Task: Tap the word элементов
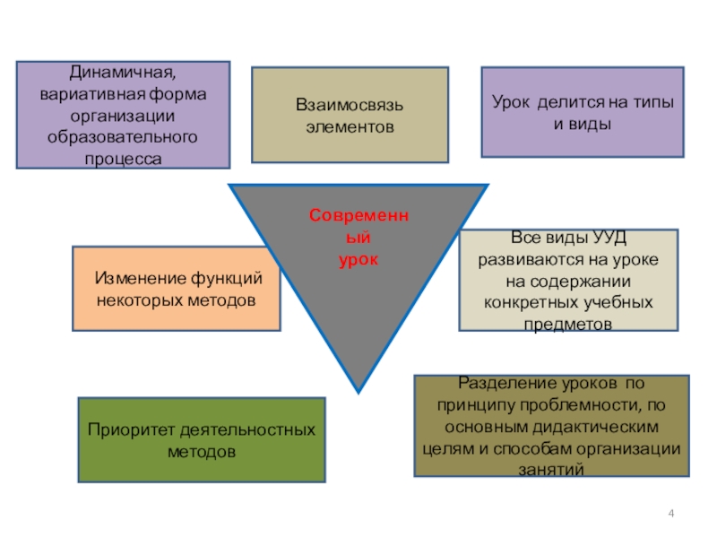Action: click(349, 126)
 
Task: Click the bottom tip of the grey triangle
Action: click(358, 389)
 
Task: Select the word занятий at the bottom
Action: click(550, 469)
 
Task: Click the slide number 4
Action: click(672, 512)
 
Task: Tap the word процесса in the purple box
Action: click(123, 159)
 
